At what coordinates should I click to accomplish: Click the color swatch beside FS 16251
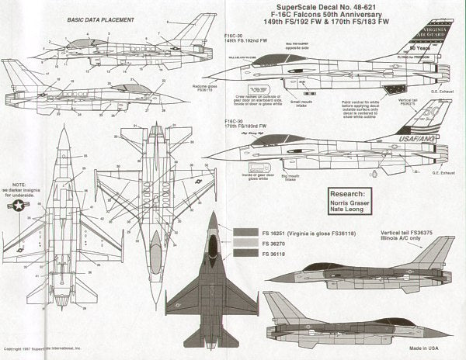click(x=242, y=232)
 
